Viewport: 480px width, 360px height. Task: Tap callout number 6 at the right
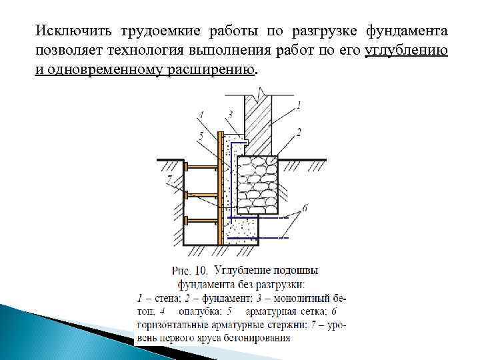(304, 208)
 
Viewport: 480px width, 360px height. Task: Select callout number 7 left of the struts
(170, 177)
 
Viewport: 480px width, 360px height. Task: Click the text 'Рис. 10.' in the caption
(191, 270)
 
